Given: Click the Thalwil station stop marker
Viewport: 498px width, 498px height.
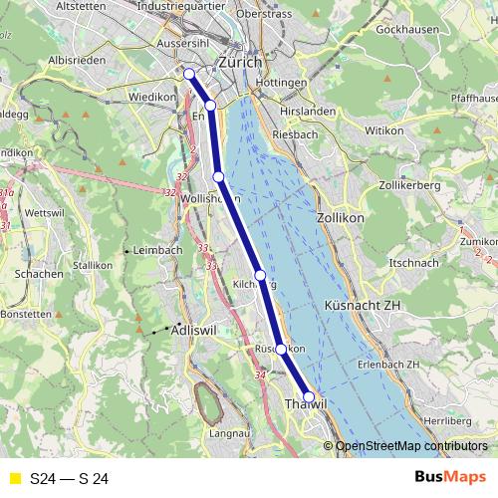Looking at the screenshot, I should tap(309, 397).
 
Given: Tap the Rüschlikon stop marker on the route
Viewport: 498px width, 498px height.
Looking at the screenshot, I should tap(281, 349).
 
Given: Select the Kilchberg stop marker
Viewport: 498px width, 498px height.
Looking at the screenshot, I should tap(260, 275).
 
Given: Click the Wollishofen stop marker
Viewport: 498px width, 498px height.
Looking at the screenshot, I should tap(218, 176).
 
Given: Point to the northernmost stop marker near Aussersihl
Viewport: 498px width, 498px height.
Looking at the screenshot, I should tap(188, 73).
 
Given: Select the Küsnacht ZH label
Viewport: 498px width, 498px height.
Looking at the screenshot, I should tap(362, 305).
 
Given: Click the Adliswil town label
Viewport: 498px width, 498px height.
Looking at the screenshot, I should tap(193, 329).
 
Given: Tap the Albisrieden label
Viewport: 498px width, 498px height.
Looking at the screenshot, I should tap(72, 60).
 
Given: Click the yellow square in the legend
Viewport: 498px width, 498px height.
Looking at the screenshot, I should tap(14, 479).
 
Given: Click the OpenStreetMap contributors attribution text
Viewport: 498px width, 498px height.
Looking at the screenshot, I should tap(411, 446).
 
